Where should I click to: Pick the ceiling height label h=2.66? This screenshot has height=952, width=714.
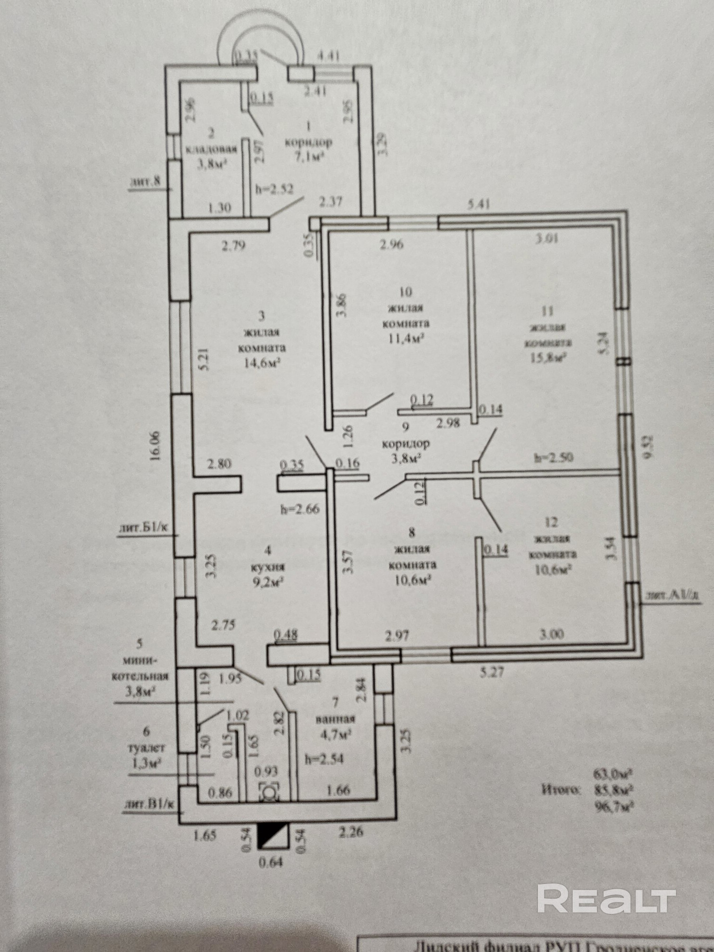coord(300,509)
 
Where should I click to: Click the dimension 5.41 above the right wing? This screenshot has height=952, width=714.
coord(478,205)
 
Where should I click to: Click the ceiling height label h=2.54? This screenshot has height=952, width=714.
coord(324,759)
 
